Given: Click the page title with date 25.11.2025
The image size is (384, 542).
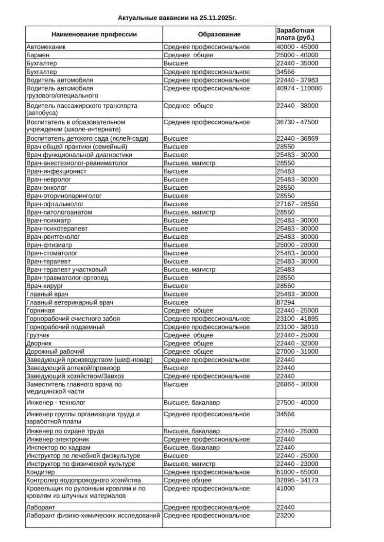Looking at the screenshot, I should [180, 18].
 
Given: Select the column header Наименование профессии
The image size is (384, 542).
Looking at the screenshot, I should [94, 34].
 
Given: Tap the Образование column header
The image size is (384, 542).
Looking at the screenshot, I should [219, 34].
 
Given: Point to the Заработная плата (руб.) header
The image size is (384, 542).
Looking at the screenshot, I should [295, 34].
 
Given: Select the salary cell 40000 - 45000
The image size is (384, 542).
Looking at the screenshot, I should [297, 47].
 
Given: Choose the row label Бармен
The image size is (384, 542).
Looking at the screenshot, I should [38, 55].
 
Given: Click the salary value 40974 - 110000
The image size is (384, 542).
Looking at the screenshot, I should [299, 88].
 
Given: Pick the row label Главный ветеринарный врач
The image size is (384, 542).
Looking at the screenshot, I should [70, 302].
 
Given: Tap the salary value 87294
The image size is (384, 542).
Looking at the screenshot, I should [286, 302].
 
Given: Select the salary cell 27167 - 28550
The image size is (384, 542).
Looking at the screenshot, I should [297, 204].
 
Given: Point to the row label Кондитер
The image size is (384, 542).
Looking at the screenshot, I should [40, 472].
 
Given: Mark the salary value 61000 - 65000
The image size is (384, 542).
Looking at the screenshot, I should [297, 472].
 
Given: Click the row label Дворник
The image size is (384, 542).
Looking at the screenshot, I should [39, 343].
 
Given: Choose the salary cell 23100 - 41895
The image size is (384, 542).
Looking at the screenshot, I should [297, 319].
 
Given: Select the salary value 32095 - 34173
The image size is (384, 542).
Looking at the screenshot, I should [297, 480].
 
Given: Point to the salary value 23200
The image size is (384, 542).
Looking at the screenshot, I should [286, 515].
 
